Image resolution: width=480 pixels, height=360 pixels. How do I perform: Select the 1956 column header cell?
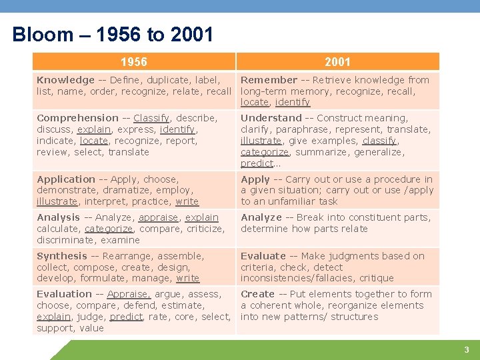pos(134,62)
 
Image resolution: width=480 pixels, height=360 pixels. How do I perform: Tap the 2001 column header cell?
pos(337,62)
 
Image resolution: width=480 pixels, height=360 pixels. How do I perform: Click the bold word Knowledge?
pos(65,80)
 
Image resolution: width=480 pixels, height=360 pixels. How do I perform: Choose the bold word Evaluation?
pos(64,294)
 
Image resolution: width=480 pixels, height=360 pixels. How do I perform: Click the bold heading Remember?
pos(269,80)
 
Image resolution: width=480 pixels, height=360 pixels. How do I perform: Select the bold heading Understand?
pos(271,118)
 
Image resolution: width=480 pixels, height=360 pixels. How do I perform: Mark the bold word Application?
pos(66,179)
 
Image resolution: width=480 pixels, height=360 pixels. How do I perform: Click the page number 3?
pos(467,350)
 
